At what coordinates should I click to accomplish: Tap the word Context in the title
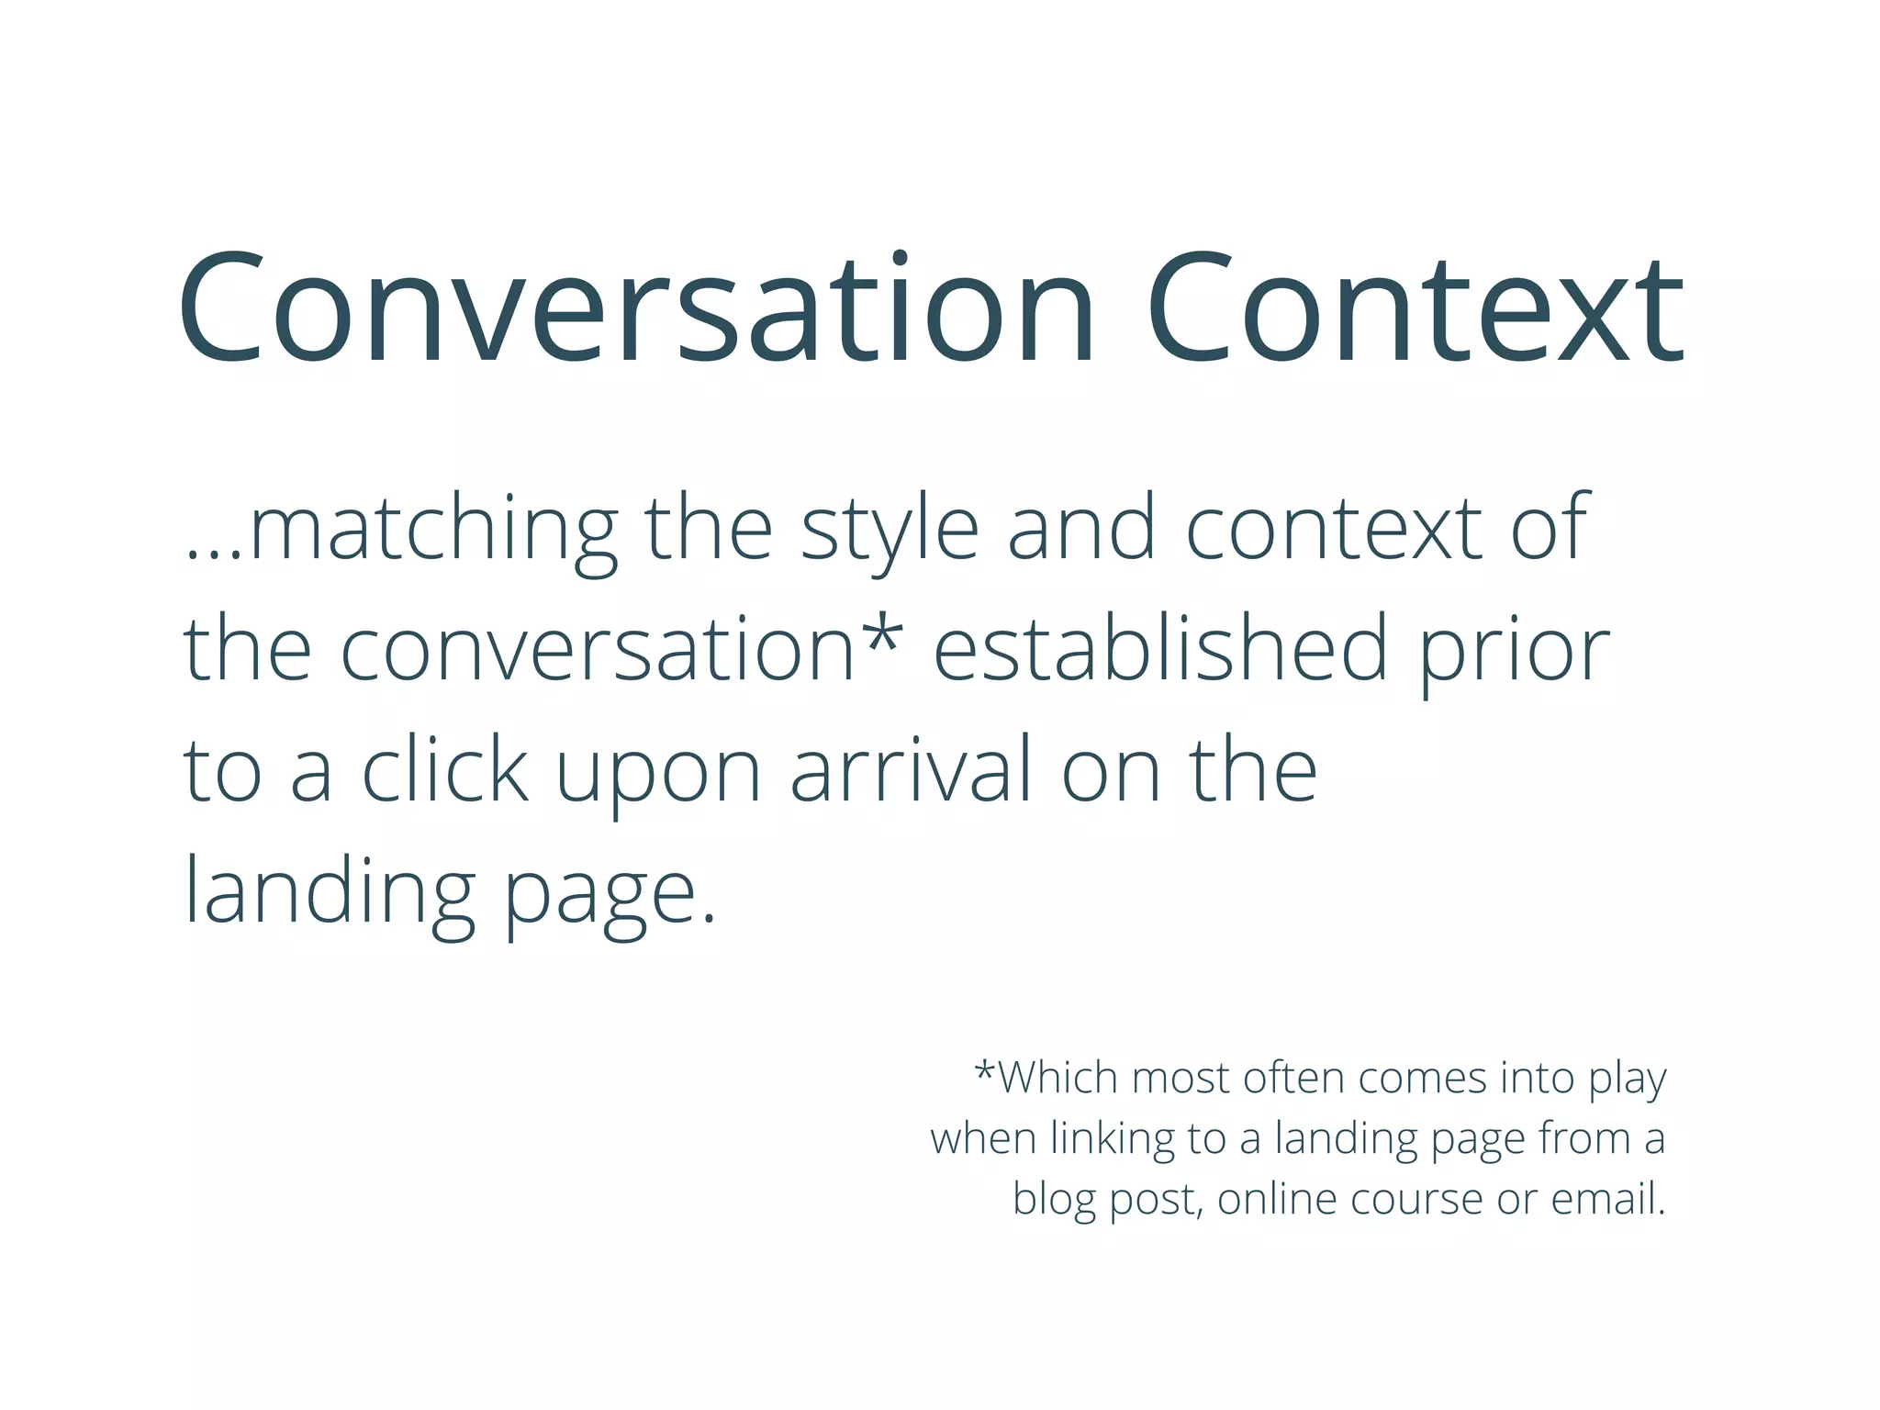pos(1415,308)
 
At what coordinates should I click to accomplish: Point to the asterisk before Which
pos(985,1070)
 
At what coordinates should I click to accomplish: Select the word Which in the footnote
pos(1058,1078)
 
